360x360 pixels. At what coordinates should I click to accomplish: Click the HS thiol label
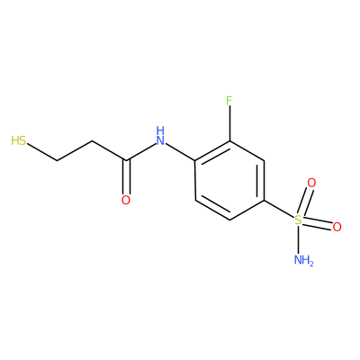19,140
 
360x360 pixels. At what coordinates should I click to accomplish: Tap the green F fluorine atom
229,101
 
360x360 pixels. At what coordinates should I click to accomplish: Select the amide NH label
161,136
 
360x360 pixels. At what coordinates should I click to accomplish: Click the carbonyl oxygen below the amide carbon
126,200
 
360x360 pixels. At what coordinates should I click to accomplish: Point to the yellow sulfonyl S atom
298,220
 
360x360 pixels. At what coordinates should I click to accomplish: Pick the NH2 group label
303,260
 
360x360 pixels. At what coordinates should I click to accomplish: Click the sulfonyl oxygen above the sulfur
311,183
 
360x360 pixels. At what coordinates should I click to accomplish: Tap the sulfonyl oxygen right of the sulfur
337,227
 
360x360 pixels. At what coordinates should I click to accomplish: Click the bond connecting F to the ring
229,123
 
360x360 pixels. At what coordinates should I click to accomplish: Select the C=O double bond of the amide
126,177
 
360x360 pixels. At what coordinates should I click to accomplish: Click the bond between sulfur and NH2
298,240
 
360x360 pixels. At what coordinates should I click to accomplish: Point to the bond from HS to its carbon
42,152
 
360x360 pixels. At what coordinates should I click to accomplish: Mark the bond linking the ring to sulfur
279,209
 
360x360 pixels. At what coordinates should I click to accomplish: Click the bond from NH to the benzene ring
180,152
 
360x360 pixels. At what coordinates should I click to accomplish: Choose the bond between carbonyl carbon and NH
141,152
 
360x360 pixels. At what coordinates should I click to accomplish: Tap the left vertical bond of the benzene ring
195,180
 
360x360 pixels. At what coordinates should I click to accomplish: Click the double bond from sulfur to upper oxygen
305,202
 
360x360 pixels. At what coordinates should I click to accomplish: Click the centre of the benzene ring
229,180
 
